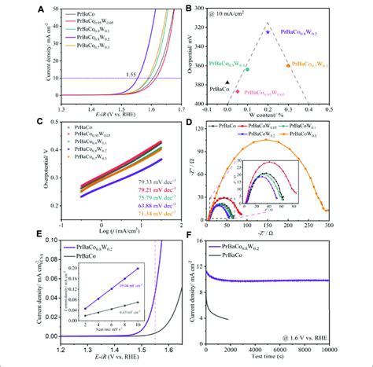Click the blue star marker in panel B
click(268, 31)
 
